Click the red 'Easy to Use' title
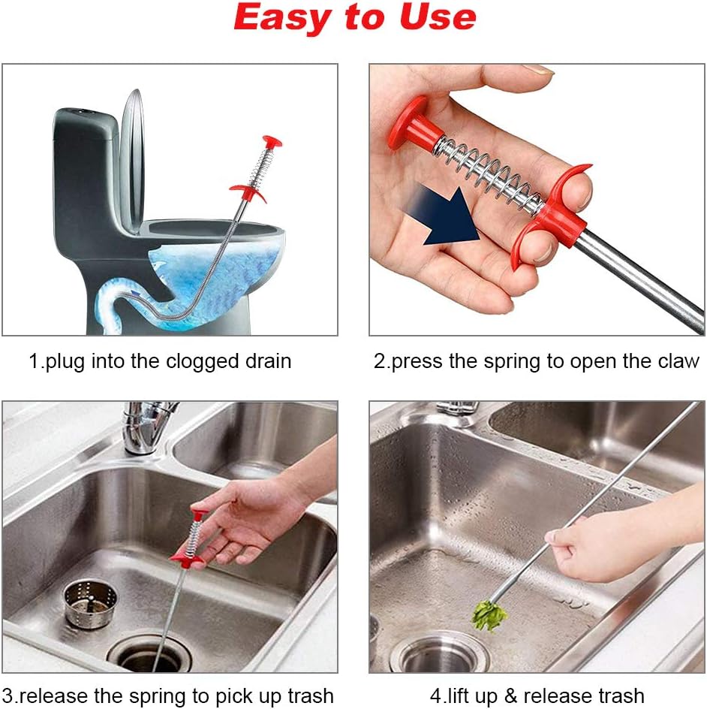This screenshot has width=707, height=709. [354, 18]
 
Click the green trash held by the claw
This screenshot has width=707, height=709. [489, 615]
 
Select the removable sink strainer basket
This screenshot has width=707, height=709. [89, 603]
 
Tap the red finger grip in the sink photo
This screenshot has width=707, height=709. [186, 558]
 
